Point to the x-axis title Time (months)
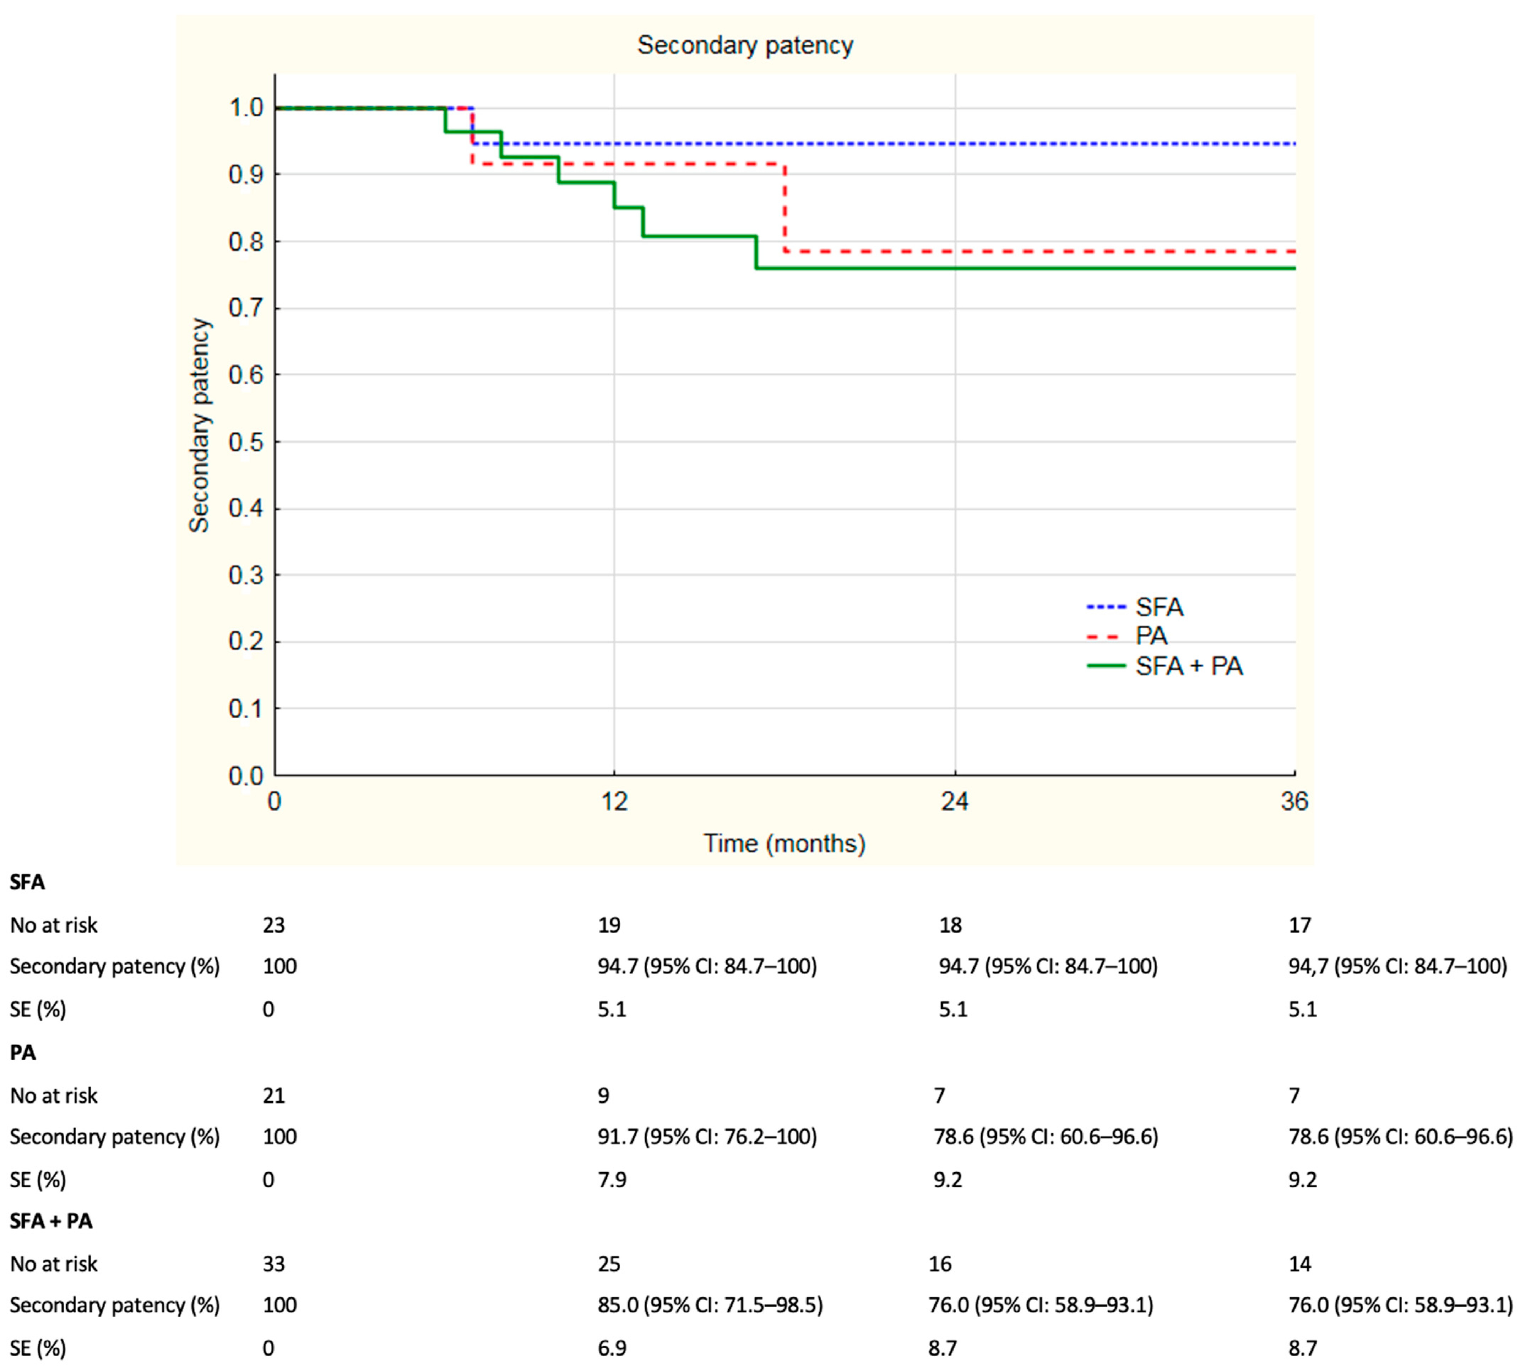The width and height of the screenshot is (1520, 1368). pyautogui.click(x=785, y=844)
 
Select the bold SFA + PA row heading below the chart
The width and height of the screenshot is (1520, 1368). pyautogui.click(x=51, y=1221)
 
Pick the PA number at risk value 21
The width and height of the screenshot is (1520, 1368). pyautogui.click(x=274, y=1095)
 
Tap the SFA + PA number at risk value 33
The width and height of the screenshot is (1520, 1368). pyautogui.click(x=274, y=1264)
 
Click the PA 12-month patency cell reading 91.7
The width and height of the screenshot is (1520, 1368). pyautogui.click(x=707, y=1137)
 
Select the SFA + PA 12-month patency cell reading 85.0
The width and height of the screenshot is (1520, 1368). pyautogui.click(x=710, y=1305)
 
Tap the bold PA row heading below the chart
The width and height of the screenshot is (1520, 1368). pyautogui.click(x=23, y=1052)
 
